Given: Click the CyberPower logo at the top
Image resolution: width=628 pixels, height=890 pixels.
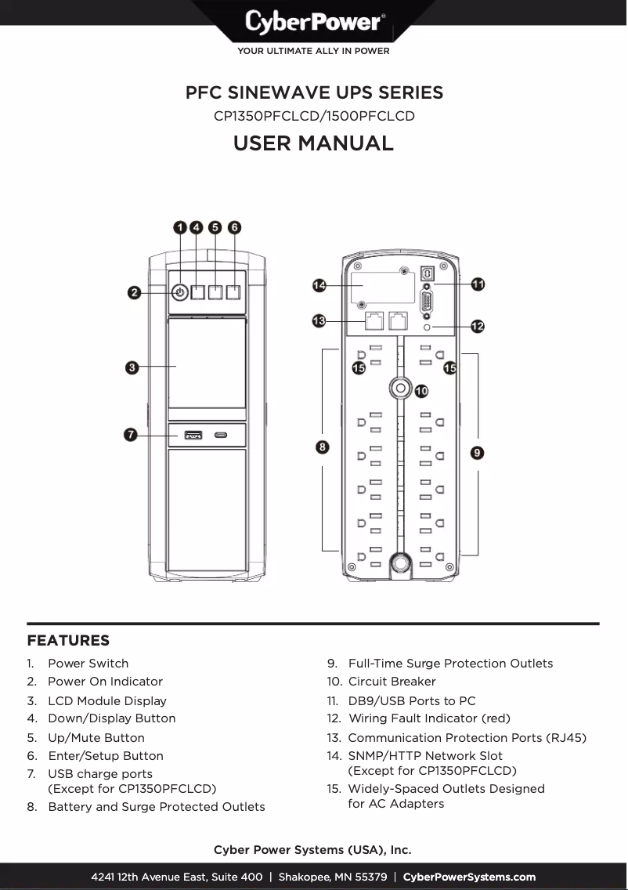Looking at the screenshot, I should coord(313,21).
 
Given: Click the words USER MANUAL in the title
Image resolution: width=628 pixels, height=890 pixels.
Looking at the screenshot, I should coord(313,143).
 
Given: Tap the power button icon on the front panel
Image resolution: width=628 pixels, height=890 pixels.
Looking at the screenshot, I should coord(179,292).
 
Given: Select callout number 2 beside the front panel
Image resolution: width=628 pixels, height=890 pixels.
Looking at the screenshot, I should coord(135,292).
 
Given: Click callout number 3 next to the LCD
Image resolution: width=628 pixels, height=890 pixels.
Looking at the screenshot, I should coord(133,367).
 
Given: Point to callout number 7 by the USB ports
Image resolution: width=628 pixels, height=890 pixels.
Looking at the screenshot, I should coord(133,434).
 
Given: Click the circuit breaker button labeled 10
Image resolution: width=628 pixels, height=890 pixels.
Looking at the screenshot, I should coord(400,388).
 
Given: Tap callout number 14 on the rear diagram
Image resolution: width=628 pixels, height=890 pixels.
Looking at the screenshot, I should coord(319,285).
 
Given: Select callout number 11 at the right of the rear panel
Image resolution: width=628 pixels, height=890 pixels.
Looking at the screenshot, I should coord(478,284).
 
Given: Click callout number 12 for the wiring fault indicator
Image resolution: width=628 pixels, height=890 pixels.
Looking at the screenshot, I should coord(478,326).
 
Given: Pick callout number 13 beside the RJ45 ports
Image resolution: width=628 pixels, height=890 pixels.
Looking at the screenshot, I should coord(319,321).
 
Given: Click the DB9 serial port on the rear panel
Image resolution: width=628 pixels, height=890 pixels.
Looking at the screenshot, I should coord(427,302).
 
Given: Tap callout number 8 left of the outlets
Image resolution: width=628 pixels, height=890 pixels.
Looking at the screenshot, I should coord(323,447).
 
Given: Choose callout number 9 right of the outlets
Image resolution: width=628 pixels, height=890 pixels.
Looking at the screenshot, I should coord(477,452).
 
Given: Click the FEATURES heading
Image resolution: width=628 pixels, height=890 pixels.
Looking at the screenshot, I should coord(68,641).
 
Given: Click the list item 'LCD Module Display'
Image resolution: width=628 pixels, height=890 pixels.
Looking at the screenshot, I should coord(106,700).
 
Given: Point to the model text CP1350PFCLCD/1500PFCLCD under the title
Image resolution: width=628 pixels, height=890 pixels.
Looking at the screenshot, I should coord(313,116).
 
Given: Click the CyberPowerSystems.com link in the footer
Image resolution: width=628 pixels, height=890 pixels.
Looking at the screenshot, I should coord(469,877).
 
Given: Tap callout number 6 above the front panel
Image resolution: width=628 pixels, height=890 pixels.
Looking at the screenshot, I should coord(235,227).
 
